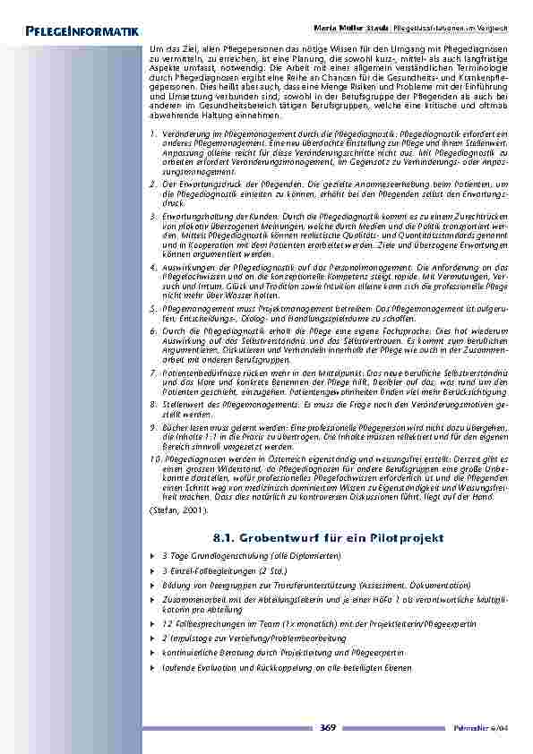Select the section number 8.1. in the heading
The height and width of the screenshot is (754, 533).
(x=232, y=537)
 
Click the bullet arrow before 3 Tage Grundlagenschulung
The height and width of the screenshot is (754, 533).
(x=153, y=556)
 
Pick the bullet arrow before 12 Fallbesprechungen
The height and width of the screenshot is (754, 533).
(x=153, y=622)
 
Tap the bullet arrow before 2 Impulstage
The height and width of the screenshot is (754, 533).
(x=153, y=638)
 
